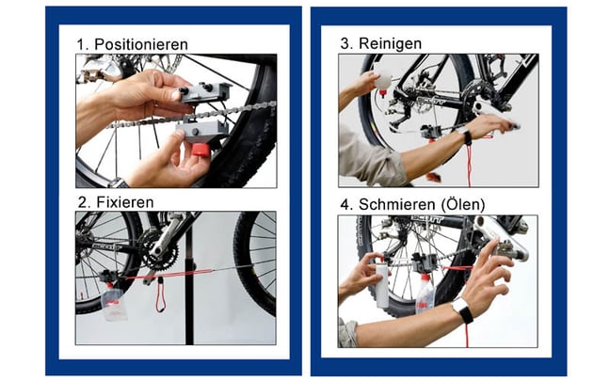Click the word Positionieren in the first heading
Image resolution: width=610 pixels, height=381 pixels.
pos(141,45)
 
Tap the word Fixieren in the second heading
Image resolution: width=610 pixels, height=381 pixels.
pos(125,202)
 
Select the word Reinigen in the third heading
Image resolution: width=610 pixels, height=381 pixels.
pos(390,43)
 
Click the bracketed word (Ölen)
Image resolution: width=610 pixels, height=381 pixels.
pos(463,204)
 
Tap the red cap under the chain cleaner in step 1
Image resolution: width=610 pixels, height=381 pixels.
pos(201,150)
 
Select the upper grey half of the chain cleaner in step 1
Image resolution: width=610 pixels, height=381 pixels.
pos(204,92)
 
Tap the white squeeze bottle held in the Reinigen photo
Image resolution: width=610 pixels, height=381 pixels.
pos(382,78)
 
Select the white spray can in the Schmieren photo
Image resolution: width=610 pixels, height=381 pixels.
pos(382,283)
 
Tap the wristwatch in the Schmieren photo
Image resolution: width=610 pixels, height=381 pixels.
pos(463,310)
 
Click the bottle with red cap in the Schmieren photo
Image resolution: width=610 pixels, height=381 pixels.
pos(425,294)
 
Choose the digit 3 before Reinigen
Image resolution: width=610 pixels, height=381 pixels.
pos(345,43)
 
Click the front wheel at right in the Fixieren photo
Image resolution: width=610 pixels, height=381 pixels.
pos(255,263)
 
